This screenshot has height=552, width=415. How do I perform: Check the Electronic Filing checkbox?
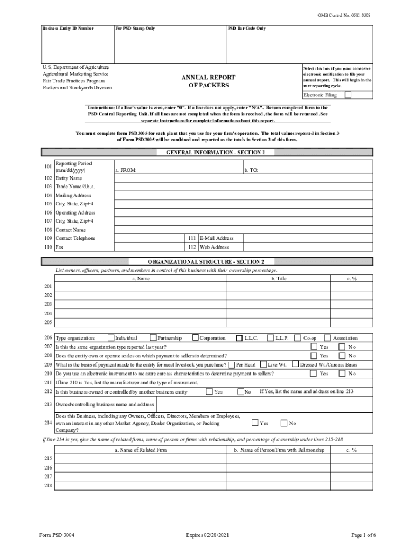pos(348,95)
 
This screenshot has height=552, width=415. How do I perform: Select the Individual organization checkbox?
pos(111,338)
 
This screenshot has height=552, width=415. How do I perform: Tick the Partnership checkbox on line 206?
pos(153,338)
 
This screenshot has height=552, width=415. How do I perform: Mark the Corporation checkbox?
pos(195,338)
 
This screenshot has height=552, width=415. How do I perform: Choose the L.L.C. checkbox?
pos(239,338)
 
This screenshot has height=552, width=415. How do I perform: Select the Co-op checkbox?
pos(299,338)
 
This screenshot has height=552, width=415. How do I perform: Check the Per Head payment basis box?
pos(231,364)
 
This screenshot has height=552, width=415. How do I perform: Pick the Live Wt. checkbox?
pos(264,364)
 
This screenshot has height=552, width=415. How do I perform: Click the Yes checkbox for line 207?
pos(314,347)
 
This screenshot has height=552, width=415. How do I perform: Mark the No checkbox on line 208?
pos(342,356)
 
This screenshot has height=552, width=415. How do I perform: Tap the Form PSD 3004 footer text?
pos(57,535)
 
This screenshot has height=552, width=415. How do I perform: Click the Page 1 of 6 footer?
pos(363,535)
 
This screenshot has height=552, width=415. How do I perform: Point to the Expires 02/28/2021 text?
pos(207,535)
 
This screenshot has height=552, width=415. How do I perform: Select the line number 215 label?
pos(48,459)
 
